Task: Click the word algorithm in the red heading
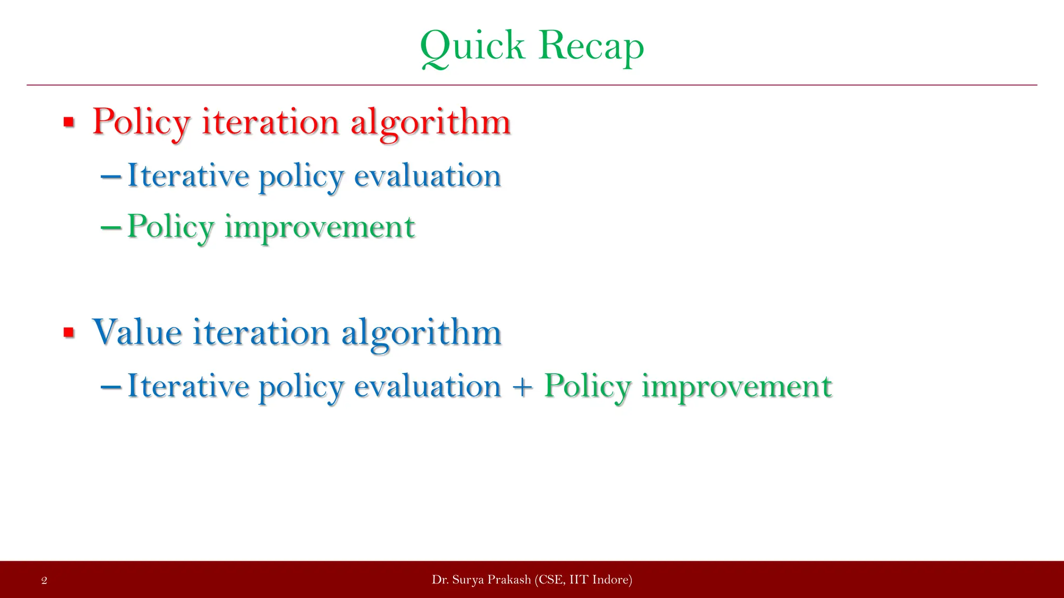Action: [431, 123]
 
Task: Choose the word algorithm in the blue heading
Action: [421, 332]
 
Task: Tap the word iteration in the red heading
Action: [270, 123]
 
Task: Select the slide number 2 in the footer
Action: [44, 580]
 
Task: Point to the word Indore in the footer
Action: [610, 580]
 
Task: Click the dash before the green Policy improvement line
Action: [111, 227]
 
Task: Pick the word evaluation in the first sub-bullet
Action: [427, 176]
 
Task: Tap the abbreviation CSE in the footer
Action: [550, 580]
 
